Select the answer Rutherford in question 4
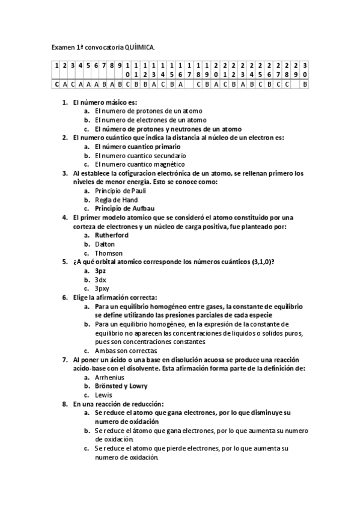pos(112,235)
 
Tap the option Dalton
pos(105,244)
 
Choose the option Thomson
pos(108,253)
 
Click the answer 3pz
pos(100,271)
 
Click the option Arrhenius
pos(110,377)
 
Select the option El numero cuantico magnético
pos(139,164)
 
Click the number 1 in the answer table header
pos(56,65)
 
